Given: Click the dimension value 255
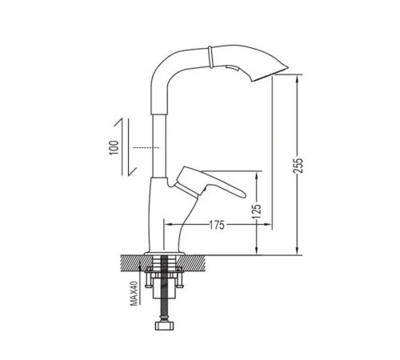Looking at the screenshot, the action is coord(298,166).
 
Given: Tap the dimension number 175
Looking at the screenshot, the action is coord(217,225).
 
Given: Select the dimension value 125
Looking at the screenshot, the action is coord(257,211).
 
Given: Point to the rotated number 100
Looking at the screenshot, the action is coord(114,147).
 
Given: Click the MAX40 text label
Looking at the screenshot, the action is coord(134,294).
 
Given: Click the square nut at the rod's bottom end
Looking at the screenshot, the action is coord(164,326).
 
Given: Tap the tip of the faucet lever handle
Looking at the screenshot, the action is coord(244,195).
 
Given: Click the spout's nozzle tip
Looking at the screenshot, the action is coord(287,66).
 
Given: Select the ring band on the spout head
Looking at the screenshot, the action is coord(210,57).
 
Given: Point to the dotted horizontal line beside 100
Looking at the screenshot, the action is coord(146,147).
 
